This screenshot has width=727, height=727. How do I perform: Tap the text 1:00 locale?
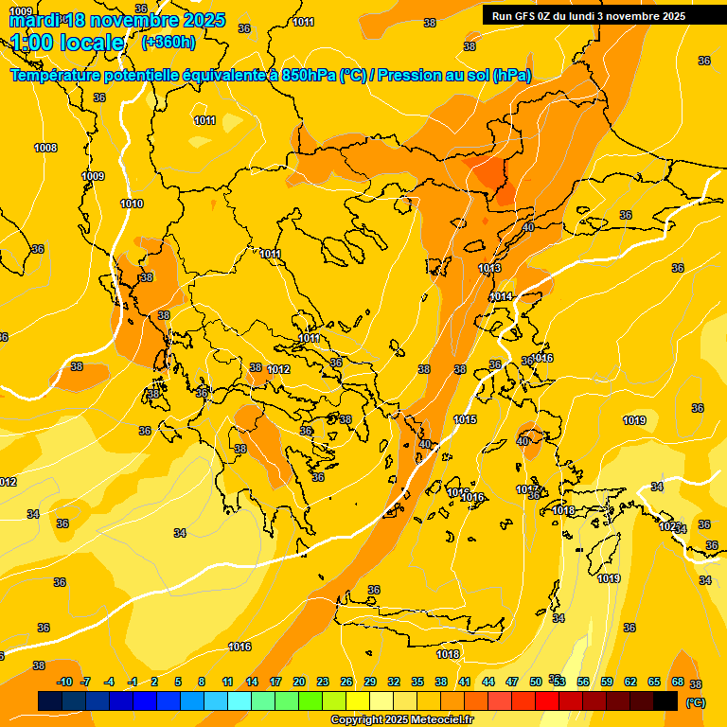pyautogui.click(x=67, y=43)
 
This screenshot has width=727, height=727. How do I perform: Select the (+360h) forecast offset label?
pyautogui.click(x=168, y=43)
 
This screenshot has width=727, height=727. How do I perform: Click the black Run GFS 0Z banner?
pyautogui.click(x=602, y=15)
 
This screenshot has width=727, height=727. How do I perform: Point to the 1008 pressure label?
pyautogui.click(x=45, y=148)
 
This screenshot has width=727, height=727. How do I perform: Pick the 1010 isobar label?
pyautogui.click(x=132, y=204)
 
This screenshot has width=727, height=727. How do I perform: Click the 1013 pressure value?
pyautogui.click(x=489, y=269)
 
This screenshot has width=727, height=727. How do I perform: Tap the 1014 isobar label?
pyautogui.click(x=501, y=297)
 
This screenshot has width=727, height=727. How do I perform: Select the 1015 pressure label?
pyautogui.click(x=465, y=419)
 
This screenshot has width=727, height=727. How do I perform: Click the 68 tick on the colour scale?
pyautogui.click(x=677, y=682)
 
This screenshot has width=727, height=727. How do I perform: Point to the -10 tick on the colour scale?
pyautogui.click(x=64, y=682)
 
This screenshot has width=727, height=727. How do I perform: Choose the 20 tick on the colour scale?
pyautogui.click(x=298, y=682)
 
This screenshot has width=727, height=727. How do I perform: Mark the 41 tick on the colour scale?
pyautogui.click(x=464, y=682)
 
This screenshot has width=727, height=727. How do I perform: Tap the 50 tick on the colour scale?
pyautogui.click(x=535, y=682)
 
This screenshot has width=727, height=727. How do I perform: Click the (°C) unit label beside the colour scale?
pyautogui.click(x=696, y=702)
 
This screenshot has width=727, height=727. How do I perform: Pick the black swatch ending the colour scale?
pyautogui.click(x=665, y=700)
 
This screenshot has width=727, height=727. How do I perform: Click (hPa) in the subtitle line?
pyautogui.click(x=512, y=76)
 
